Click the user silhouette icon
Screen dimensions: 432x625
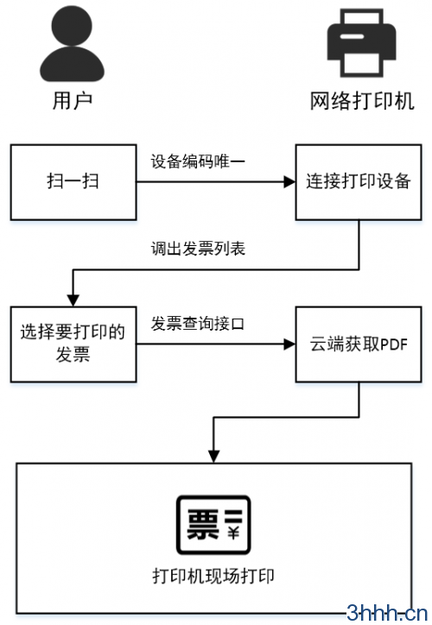[72, 44]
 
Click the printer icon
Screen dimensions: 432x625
[361, 43]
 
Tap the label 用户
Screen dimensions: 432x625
[73, 100]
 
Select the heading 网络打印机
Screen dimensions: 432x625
[362, 100]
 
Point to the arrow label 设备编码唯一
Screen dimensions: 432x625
[198, 161]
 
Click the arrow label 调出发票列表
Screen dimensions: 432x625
[198, 249]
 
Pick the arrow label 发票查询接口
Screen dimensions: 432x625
[198, 324]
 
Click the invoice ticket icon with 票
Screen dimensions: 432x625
[213, 525]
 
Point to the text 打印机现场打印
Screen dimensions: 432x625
[213, 577]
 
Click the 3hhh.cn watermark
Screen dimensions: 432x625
[387, 613]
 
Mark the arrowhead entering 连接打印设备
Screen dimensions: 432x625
[289, 182]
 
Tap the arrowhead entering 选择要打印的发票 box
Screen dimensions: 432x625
[73, 300]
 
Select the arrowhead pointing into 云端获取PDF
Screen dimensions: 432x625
[289, 344]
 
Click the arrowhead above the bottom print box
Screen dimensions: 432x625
[213, 457]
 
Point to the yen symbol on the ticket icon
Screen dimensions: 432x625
[233, 533]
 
